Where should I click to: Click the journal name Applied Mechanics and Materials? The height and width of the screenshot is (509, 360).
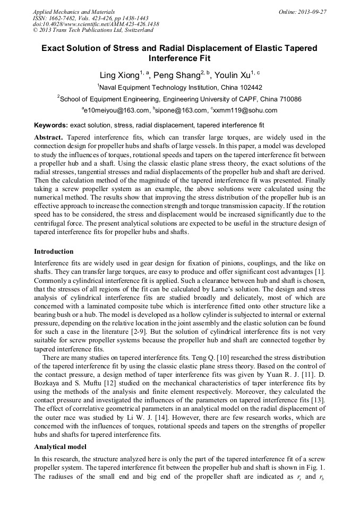pos(74,11)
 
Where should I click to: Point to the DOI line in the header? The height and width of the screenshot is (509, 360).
pos(96,24)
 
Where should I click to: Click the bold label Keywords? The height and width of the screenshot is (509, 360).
pos(50,126)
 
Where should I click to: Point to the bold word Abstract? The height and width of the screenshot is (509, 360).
pos(49,137)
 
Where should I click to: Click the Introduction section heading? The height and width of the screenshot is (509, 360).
pos(54,251)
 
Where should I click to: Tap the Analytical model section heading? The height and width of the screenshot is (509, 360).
pos(60,447)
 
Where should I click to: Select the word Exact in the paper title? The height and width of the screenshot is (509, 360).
pos(54,48)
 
